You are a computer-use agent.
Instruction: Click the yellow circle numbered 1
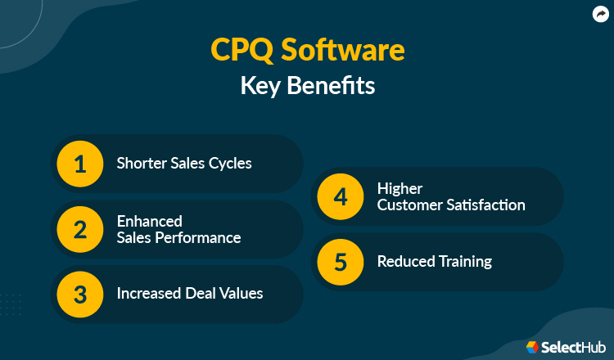click(x=79, y=164)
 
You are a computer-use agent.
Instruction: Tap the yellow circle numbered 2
click(x=79, y=229)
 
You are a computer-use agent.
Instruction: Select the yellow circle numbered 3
click(x=79, y=293)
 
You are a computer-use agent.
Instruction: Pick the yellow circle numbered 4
click(x=340, y=196)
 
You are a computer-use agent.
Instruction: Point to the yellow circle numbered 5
click(x=340, y=262)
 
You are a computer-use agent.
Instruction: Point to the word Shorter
click(x=140, y=164)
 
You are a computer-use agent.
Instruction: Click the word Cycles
click(x=229, y=164)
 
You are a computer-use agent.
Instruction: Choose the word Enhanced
click(x=149, y=221)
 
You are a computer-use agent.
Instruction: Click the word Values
click(x=241, y=293)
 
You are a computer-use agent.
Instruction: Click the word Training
click(x=463, y=262)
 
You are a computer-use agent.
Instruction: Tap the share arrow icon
click(x=598, y=14)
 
